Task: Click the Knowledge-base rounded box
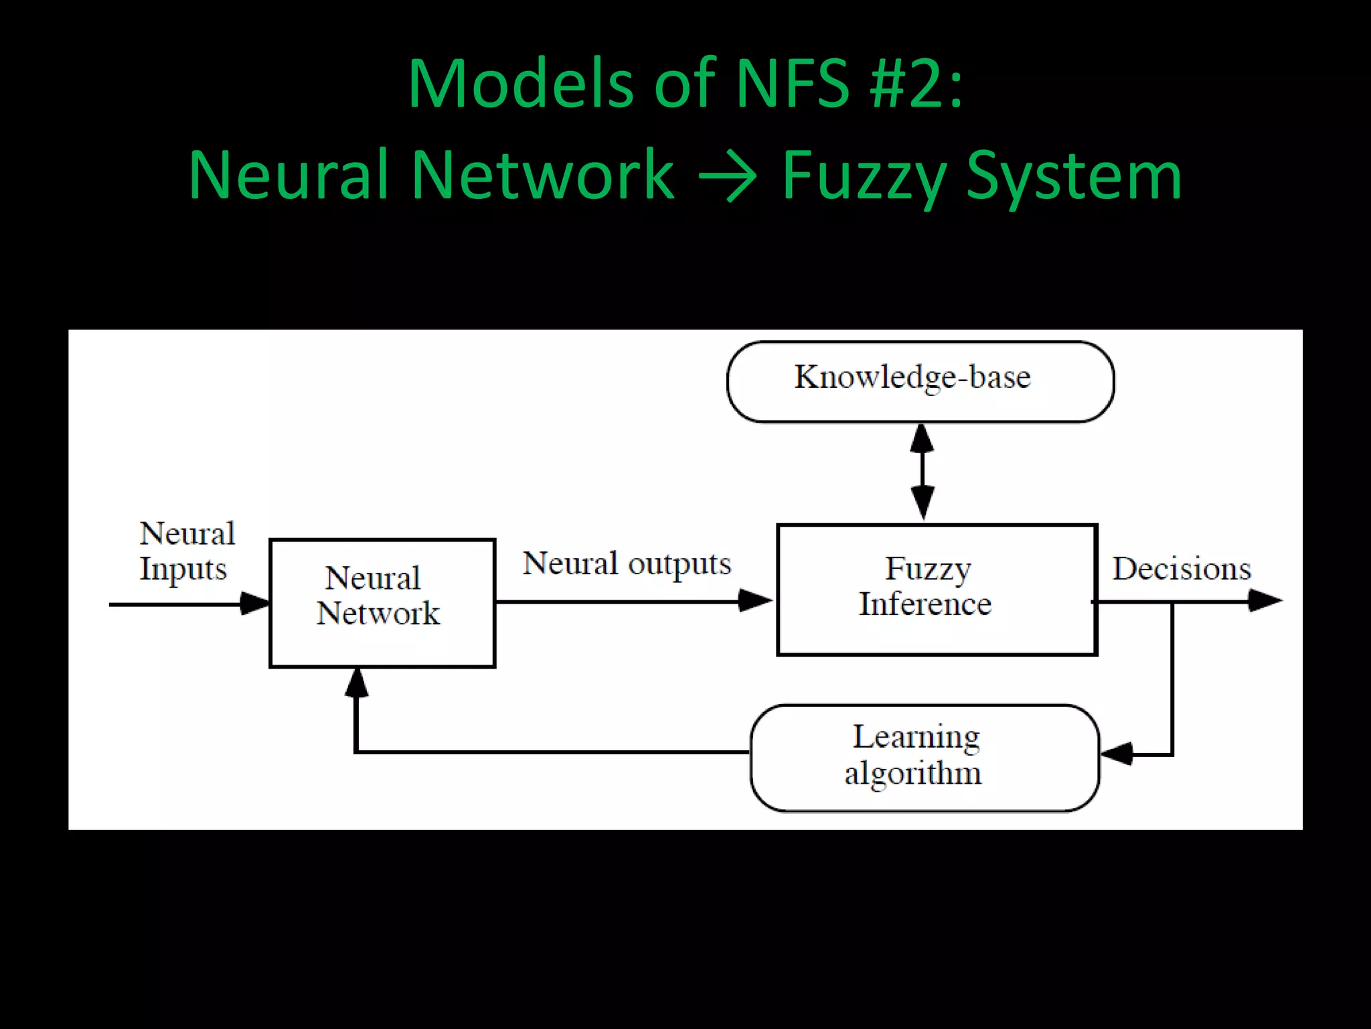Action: coord(920,381)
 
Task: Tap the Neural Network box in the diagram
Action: coord(382,602)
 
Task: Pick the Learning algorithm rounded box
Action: coord(924,757)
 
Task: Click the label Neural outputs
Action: coord(627,563)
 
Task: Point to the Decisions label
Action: coord(1182,569)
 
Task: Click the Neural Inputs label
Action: coord(186,551)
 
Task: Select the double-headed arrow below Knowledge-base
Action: coord(922,472)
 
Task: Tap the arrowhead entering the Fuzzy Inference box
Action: coord(755,600)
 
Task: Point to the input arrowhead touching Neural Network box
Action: coord(254,603)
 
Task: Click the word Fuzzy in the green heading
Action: coord(864,176)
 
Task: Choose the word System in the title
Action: coord(1074,176)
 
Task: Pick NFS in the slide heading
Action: coord(793,84)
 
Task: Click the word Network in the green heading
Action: coord(542,176)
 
